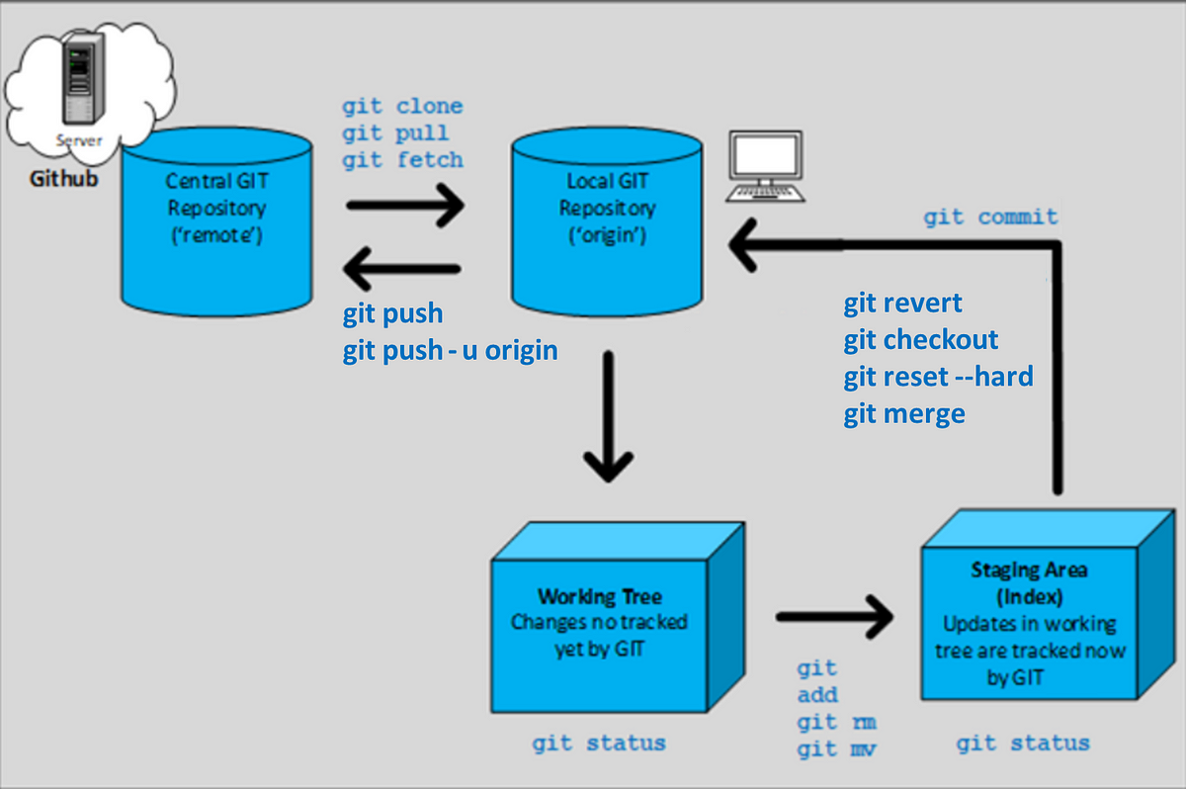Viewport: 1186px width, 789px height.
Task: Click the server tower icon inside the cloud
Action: pos(84,78)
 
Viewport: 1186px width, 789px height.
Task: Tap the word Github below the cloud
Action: pos(63,178)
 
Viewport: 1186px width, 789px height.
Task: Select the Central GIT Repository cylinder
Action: pos(216,221)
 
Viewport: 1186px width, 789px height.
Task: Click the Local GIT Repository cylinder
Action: pos(607,221)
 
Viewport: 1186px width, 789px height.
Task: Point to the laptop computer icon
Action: pos(766,166)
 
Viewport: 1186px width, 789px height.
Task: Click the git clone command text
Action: pos(402,107)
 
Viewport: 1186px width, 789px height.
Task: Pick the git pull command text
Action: pos(395,133)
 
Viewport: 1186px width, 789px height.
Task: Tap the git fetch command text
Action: pos(402,160)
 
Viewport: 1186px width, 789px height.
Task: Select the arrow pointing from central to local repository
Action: pos(405,206)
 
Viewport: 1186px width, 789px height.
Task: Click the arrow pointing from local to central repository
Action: pos(402,269)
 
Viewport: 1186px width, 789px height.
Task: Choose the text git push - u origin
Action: pos(450,351)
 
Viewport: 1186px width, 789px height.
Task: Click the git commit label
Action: pos(990,218)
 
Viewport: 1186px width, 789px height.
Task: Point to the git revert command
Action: pos(902,304)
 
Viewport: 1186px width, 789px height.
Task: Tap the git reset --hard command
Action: pos(938,377)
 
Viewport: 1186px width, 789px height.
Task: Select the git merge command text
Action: pos(904,414)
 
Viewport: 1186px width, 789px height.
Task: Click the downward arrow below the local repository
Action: pos(609,416)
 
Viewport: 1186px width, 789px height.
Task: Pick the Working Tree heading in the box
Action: pos(600,597)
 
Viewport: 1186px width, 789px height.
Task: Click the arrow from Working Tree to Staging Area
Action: pos(835,617)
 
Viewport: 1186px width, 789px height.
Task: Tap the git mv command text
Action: pos(836,749)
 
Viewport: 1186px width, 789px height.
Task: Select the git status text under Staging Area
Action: pos(1023,744)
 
